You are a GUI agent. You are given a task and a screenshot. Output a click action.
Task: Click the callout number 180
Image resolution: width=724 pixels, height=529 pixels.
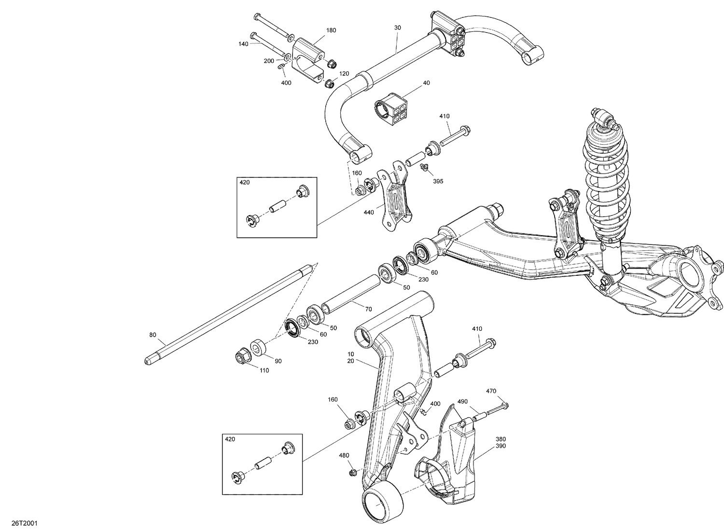point(331,30)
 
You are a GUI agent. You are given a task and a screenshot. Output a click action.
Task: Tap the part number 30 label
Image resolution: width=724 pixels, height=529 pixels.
point(397,28)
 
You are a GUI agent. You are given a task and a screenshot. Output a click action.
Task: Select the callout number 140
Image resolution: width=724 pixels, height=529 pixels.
point(243,44)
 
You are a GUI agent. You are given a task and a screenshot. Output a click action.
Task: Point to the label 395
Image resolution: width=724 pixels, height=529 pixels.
point(438,181)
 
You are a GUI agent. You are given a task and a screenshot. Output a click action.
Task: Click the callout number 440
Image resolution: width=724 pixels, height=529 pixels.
point(368,212)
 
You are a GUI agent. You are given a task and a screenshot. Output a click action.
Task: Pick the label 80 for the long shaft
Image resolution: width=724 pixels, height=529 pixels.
point(153,334)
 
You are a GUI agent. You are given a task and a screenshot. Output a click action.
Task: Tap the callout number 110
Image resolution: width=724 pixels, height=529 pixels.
point(264,370)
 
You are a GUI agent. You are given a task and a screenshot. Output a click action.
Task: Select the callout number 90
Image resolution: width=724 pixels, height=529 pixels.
point(278,361)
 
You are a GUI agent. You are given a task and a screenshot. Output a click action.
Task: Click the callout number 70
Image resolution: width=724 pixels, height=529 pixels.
point(369,309)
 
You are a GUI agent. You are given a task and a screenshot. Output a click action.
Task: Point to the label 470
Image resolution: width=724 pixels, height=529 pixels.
point(491,391)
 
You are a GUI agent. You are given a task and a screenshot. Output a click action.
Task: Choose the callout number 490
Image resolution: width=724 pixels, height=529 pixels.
point(462,401)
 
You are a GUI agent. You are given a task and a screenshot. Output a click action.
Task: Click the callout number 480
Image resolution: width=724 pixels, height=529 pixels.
point(344,455)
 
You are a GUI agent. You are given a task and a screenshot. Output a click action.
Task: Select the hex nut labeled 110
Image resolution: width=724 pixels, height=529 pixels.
point(241,357)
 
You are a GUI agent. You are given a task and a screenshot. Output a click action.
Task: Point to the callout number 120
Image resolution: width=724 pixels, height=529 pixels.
point(344,74)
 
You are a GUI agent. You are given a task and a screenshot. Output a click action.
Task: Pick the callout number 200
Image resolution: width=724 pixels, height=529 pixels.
point(268,61)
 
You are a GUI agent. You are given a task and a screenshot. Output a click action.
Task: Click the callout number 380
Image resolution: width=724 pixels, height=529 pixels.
point(501,439)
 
